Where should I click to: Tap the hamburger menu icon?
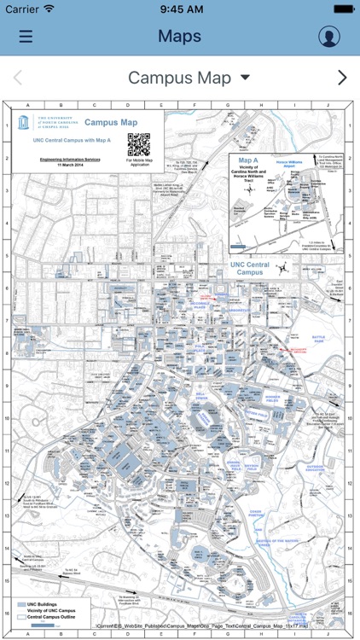(26, 37)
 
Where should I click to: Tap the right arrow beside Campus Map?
(342, 78)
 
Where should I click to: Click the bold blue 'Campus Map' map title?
(110, 122)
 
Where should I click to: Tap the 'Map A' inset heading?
(247, 160)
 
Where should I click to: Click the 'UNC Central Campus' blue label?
(249, 269)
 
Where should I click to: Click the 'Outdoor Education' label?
(316, 468)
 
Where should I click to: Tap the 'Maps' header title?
(179, 36)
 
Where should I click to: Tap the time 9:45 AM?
(180, 9)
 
